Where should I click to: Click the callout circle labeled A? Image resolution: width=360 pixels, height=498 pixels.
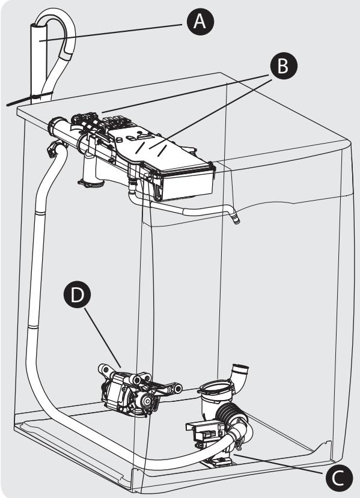(200, 22)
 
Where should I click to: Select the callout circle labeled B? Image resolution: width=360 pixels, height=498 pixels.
(284, 66)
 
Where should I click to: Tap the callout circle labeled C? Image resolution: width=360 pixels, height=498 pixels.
(339, 478)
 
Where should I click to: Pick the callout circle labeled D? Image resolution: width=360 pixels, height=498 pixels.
(77, 294)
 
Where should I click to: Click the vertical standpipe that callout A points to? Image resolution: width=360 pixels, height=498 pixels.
(38, 64)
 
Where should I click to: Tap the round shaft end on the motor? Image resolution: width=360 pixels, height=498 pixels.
(147, 401)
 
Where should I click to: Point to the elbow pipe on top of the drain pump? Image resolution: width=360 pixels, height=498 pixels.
(239, 375)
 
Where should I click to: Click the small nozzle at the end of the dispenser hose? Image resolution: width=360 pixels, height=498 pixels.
(236, 219)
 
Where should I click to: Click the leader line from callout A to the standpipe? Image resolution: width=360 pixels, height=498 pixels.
(111, 32)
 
